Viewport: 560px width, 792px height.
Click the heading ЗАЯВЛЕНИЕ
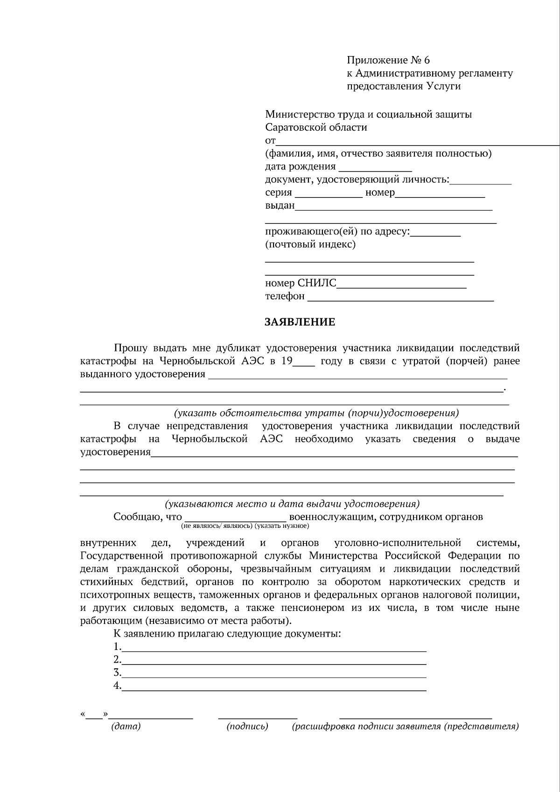pyautogui.click(x=300, y=322)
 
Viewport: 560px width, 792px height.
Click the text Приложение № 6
pyautogui.click(x=388, y=60)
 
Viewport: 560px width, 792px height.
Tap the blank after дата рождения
pyautogui.click(x=375, y=168)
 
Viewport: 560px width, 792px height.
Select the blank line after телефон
pyautogui.click(x=400, y=298)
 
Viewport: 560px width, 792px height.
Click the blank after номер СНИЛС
pyautogui.click(x=401, y=285)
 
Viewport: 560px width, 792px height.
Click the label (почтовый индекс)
pyautogui.click(x=310, y=245)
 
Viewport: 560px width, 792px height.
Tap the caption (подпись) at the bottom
pyautogui.click(x=247, y=726)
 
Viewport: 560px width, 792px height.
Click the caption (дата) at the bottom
pyautogui.click(x=126, y=726)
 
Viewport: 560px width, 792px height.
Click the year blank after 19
pyautogui.click(x=304, y=363)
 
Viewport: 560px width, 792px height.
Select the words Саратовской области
pyautogui.click(x=316, y=127)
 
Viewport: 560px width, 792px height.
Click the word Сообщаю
pyautogui.click(x=135, y=517)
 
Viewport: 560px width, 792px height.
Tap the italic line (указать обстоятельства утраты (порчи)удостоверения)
pyautogui.click(x=316, y=413)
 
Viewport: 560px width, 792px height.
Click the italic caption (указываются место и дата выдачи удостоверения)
pyautogui.click(x=292, y=504)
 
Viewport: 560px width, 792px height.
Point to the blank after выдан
pyautogui.click(x=393, y=207)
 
